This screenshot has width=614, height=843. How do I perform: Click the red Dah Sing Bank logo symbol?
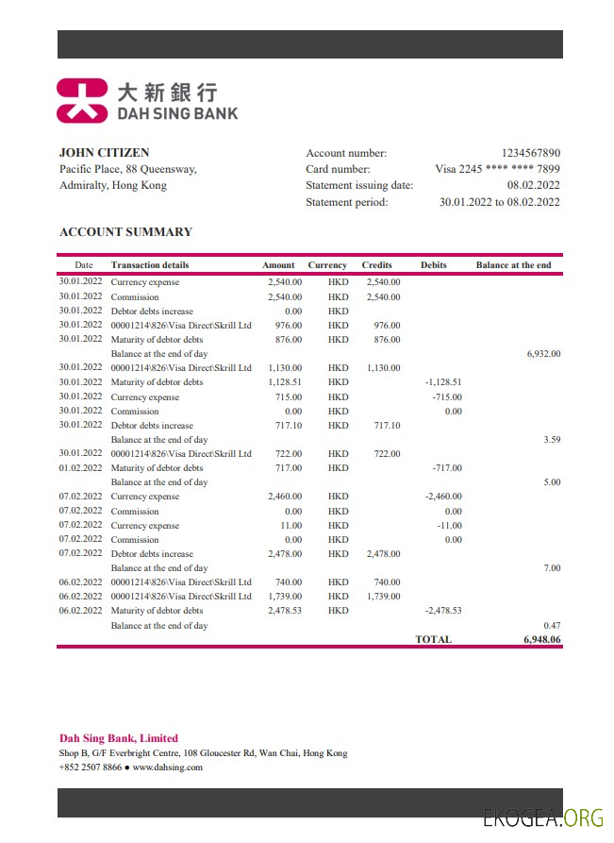[x=82, y=101]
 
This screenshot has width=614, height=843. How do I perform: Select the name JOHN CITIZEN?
[x=104, y=153]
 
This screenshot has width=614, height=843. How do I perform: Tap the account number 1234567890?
[x=530, y=153]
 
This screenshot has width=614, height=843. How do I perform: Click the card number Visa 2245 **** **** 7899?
[x=497, y=169]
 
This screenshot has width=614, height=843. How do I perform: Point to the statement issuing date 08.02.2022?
[x=533, y=185]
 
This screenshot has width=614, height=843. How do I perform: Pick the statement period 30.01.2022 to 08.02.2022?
[x=499, y=202]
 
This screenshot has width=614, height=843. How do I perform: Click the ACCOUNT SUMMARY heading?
[x=125, y=232]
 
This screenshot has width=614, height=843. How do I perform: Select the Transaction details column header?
[x=149, y=265]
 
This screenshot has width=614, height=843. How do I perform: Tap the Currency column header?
[x=327, y=265]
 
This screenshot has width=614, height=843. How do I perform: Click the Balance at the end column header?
[x=513, y=265]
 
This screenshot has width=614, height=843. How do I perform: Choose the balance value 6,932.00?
[x=543, y=354]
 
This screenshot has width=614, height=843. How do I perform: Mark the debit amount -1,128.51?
[x=442, y=382]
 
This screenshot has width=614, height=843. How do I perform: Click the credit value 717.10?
[x=383, y=425]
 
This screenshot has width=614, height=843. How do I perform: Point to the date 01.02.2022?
[x=80, y=468]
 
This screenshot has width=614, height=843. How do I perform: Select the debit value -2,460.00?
[x=441, y=497]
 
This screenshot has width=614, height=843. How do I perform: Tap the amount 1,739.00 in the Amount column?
[x=284, y=597]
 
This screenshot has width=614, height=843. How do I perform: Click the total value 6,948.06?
[x=542, y=639]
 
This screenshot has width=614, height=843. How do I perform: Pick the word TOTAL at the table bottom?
[x=433, y=639]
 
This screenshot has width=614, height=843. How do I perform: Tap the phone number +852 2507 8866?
[x=91, y=767]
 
